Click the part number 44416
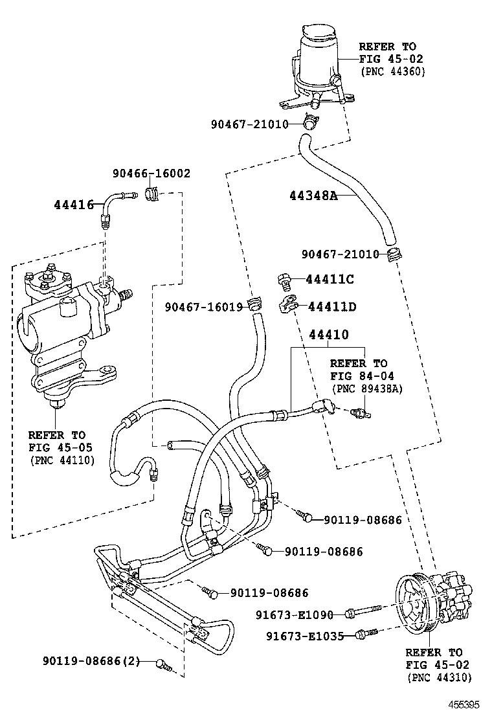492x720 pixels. [x=74, y=205]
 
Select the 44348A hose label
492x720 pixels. [x=313, y=195]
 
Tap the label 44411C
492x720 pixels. [x=330, y=279]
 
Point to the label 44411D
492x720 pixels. [x=331, y=306]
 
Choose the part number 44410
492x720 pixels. [x=328, y=335]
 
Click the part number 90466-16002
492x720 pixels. [x=151, y=174]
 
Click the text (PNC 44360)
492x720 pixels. [x=392, y=72]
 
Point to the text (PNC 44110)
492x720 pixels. [x=61, y=460]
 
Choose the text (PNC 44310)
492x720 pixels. [x=439, y=677]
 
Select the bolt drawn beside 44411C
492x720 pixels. [x=283, y=279]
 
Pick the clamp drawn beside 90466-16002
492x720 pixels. [x=153, y=192]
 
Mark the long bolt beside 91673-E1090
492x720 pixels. [x=366, y=612]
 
